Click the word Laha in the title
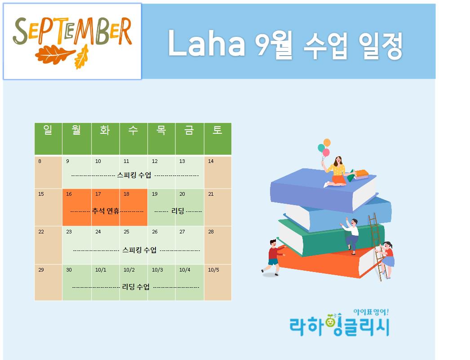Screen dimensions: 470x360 point(207,43)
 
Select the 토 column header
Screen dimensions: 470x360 point(217,130)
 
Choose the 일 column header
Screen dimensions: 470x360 point(48,130)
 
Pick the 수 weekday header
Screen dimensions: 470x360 point(133,130)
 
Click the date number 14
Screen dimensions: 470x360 point(211,161)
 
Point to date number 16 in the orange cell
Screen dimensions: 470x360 point(69,194)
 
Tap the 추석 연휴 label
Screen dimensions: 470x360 point(106,211)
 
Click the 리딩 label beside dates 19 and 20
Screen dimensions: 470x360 point(178,211)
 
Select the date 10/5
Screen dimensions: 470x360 point(213,270)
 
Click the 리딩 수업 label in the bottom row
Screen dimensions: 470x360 point(136,287)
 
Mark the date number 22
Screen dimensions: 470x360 point(41,232)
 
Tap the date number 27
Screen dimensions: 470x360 point(182,232)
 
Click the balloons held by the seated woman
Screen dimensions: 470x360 point(324,148)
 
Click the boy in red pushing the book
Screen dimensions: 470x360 point(273,257)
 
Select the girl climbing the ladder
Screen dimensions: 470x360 point(386,259)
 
